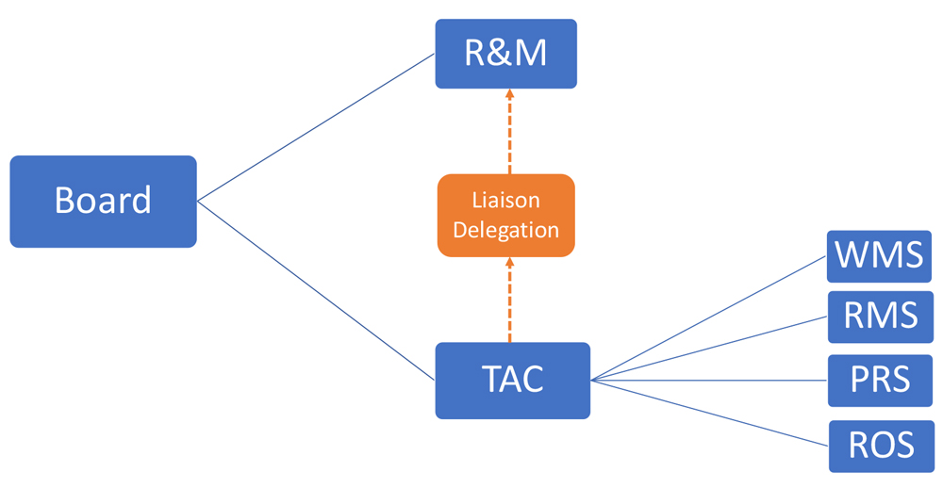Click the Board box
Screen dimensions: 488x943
[x=103, y=201]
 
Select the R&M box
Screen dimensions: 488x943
[x=505, y=53]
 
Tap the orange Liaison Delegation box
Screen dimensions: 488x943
[x=505, y=215]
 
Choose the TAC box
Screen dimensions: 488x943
[x=512, y=380]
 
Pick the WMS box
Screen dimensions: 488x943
[x=879, y=255]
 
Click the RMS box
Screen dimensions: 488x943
[x=880, y=317]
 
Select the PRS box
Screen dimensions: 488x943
[x=880, y=380]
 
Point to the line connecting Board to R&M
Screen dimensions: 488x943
[x=316, y=126]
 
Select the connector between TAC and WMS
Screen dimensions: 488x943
[x=707, y=318]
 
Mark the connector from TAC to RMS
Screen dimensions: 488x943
[x=707, y=349]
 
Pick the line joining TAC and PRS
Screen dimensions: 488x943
[x=707, y=380]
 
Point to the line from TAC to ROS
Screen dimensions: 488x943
[x=707, y=412]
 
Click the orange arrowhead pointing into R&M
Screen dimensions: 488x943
[x=509, y=94]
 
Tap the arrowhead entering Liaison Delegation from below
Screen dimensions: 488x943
[x=509, y=263]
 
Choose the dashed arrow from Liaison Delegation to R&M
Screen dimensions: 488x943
[x=509, y=137]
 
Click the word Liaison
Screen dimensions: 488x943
[x=505, y=200]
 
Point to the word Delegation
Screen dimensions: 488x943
[x=505, y=230]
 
